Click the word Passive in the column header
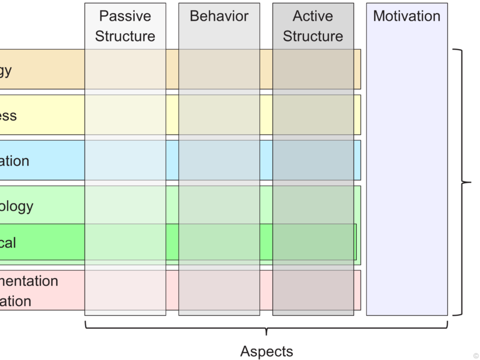click(x=125, y=16)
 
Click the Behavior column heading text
click(x=219, y=16)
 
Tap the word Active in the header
click(x=313, y=16)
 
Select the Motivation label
click(x=406, y=16)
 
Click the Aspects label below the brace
click(x=266, y=351)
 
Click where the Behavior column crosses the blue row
click(x=219, y=160)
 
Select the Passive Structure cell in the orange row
click(x=125, y=69)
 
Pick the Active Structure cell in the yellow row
click(x=313, y=115)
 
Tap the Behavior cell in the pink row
click(x=219, y=290)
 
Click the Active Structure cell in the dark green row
click(x=313, y=242)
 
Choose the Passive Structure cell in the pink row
click(x=125, y=290)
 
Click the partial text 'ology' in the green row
click(x=16, y=206)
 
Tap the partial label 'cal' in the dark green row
click(x=8, y=242)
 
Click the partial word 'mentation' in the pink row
click(x=28, y=281)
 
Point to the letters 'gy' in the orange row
click(x=5, y=70)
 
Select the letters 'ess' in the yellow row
click(x=8, y=116)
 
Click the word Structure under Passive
click(x=125, y=37)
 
